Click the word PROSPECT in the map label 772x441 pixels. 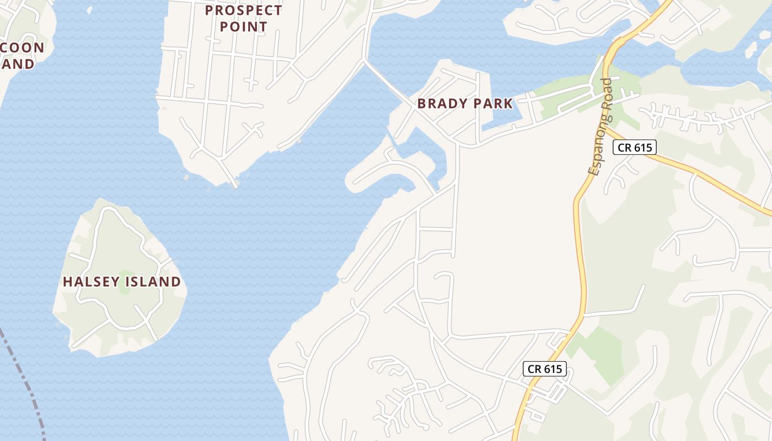click(243, 10)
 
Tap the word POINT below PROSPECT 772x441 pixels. click(243, 26)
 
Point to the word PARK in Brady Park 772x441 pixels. click(492, 103)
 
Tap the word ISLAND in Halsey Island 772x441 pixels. click(152, 282)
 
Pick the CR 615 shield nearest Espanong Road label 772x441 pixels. click(635, 147)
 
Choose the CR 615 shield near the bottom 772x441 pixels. click(544, 369)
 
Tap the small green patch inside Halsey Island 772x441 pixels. click(125, 282)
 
